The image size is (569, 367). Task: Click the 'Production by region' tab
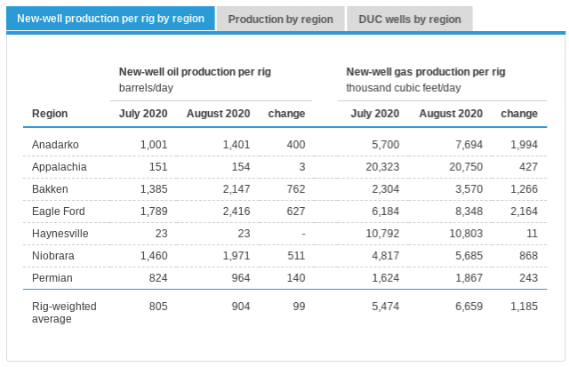coord(280,19)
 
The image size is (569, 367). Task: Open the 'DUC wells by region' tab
coord(409,19)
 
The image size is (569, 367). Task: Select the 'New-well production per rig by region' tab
coord(111,19)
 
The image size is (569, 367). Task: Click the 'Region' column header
coord(50,114)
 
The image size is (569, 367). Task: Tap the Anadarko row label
coord(55,144)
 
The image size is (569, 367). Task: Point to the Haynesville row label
coord(60,233)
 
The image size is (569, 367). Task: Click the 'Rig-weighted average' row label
coord(64,312)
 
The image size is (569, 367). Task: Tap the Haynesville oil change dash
coord(302,233)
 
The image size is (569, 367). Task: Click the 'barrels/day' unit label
coord(148,87)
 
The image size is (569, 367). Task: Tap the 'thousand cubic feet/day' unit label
coord(404,87)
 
